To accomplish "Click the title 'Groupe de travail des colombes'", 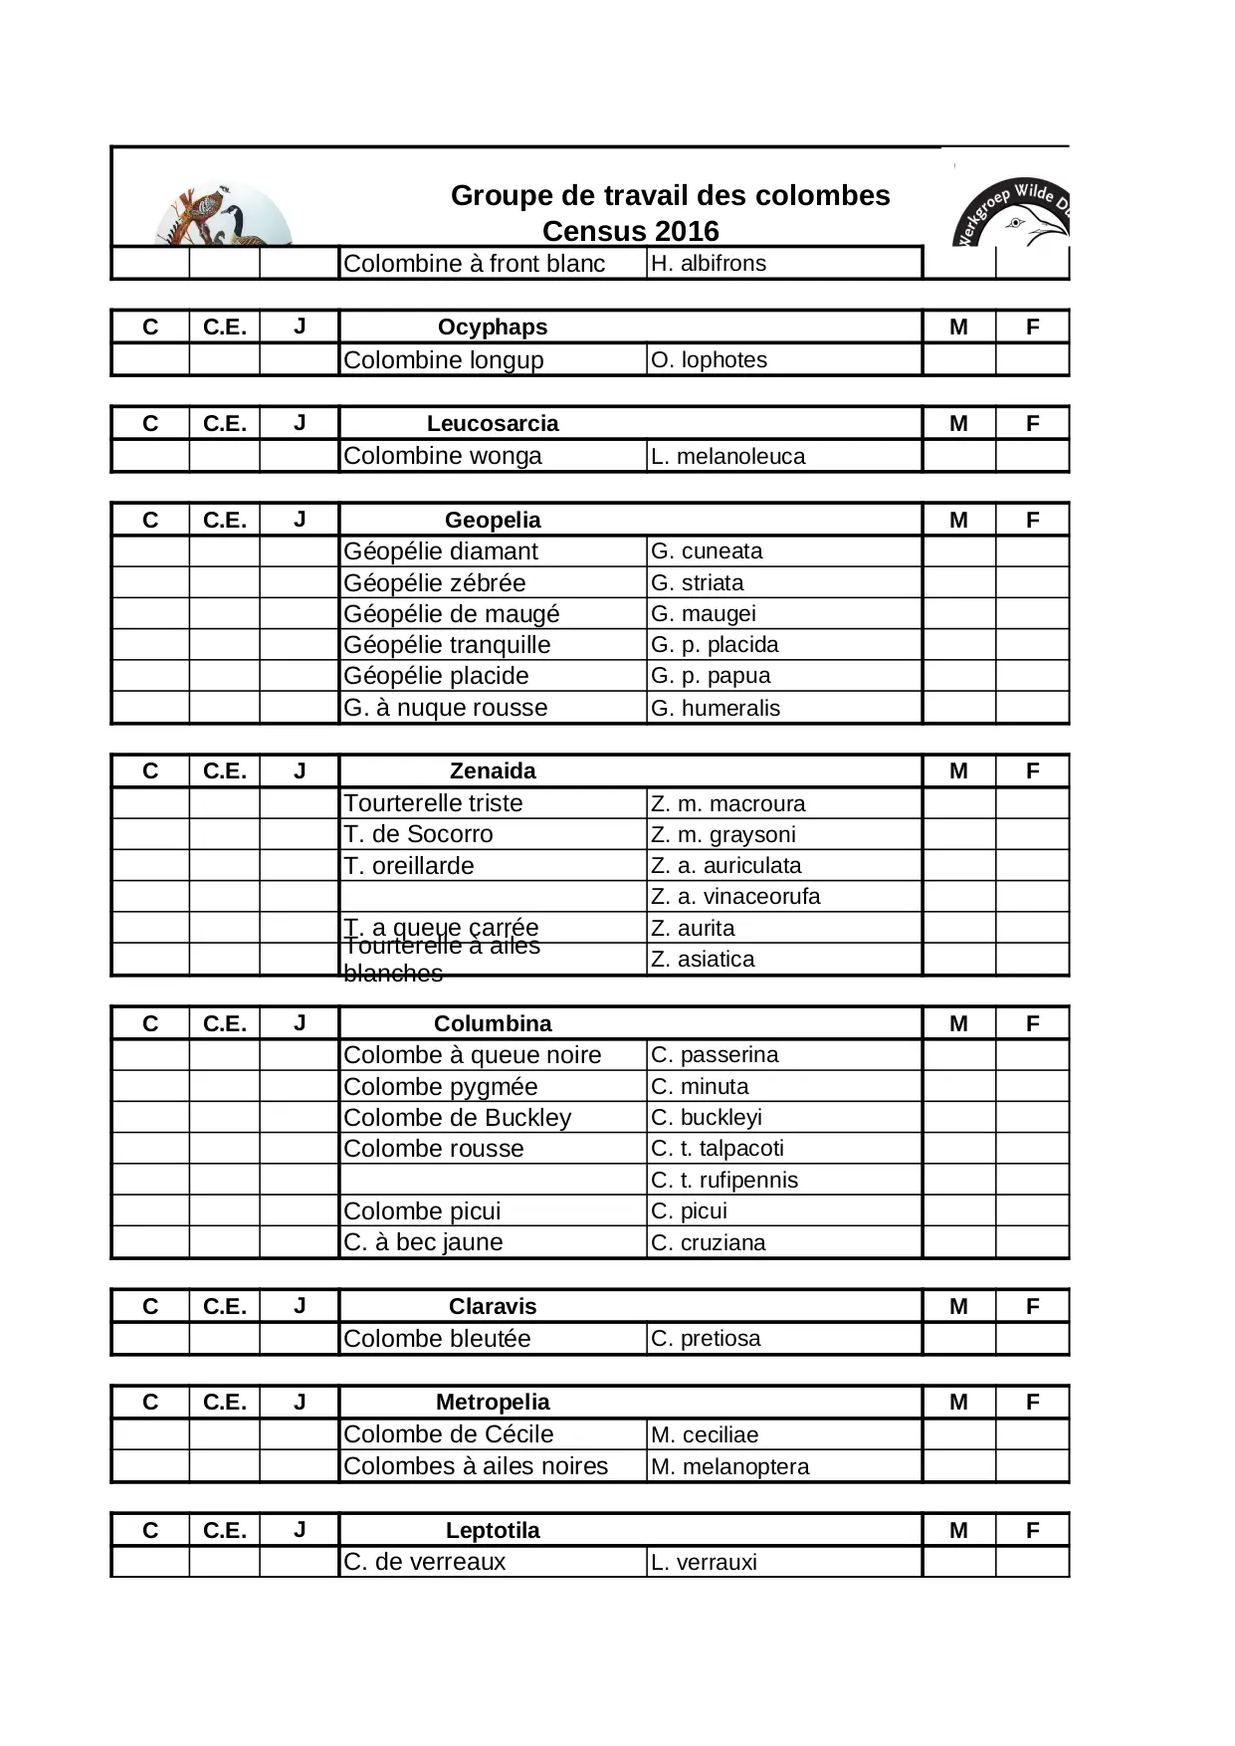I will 670,195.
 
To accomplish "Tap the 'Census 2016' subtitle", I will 630,231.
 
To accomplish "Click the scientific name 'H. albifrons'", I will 708,264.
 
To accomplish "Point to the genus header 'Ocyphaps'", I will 492,327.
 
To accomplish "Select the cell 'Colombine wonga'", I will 442,456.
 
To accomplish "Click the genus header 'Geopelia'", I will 493,520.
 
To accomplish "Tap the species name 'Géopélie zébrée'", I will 434,582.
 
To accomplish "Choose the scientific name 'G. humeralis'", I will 715,708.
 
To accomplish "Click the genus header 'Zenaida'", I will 493,770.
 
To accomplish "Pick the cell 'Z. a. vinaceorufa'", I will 735,896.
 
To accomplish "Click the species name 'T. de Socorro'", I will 418,834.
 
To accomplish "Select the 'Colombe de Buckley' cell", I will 457,1117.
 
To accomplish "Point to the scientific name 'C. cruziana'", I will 708,1242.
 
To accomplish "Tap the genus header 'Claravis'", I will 493,1306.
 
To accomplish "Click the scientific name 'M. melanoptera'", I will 729,1466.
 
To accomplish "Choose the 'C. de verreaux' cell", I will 424,1562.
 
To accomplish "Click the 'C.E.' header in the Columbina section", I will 224,1023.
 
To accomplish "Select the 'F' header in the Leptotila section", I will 1032,1530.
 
